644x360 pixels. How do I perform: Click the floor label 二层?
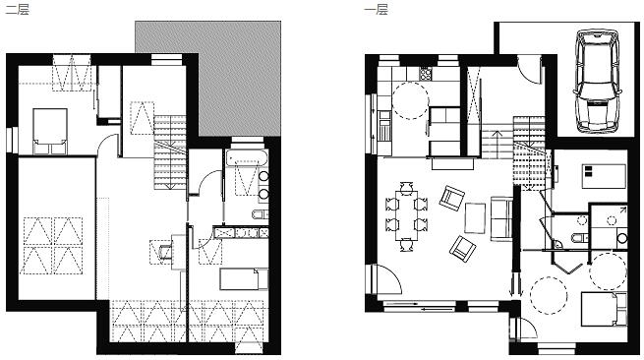18,9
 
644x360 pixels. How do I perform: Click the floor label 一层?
377,9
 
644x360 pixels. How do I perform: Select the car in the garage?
598,81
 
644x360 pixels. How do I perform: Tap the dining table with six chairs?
406,215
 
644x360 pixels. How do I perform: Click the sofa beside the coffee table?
501,218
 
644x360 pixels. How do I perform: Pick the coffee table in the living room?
475,218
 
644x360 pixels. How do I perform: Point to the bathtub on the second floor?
247,158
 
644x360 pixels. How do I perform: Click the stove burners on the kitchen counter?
426,74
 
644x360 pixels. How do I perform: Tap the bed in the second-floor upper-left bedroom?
50,131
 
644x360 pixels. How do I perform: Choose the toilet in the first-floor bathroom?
580,237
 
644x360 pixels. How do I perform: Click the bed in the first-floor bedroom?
604,309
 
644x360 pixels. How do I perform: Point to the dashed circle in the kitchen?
410,100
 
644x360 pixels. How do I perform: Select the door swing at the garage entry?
529,70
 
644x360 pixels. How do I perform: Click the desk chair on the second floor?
165,251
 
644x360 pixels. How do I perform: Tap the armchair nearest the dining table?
451,198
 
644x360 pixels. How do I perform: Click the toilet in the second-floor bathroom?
260,214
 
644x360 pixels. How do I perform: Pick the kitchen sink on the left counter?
384,133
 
